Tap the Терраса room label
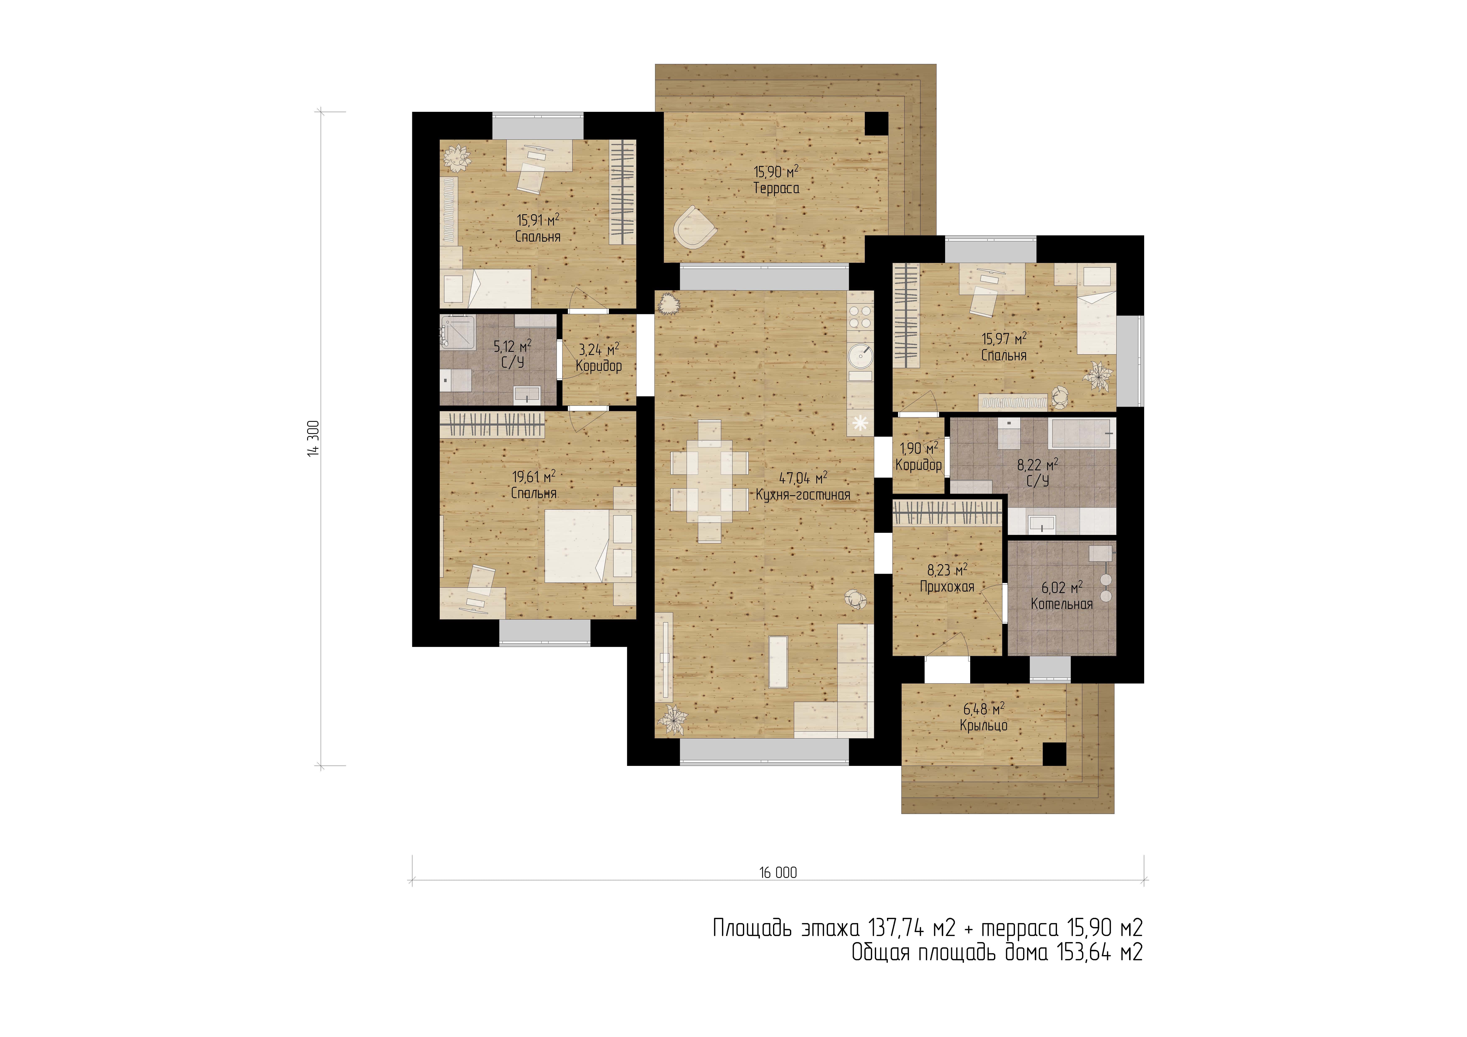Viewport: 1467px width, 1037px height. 776,189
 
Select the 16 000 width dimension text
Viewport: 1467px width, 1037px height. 778,873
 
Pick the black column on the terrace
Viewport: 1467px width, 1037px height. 877,123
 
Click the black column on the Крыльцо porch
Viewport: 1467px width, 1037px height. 1054,755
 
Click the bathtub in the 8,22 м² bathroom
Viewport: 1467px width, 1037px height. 1082,433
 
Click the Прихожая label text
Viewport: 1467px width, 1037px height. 947,587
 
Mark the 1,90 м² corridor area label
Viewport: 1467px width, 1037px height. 919,449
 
